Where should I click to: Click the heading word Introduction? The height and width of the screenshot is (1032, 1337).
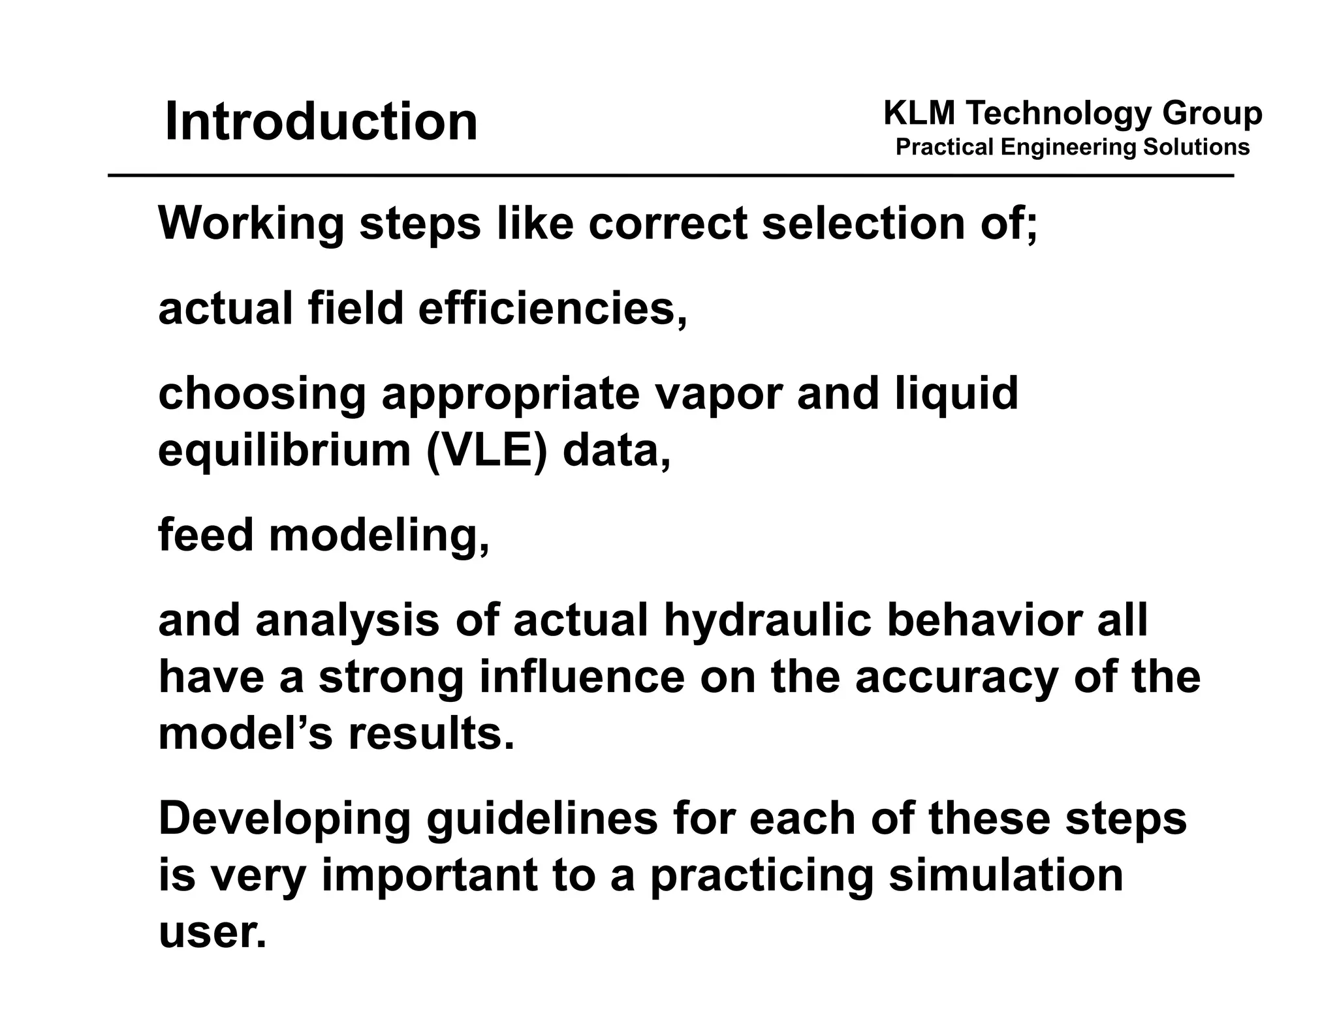coord(321,122)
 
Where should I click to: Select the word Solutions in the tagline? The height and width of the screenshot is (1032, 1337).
coord(1196,147)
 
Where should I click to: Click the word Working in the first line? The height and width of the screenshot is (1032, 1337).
coord(251,224)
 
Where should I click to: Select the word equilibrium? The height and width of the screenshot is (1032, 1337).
coord(283,450)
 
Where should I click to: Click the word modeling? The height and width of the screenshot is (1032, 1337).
coord(379,535)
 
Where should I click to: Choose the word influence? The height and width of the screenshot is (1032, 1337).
coord(582,677)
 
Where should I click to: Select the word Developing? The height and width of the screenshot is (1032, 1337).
coord(285,819)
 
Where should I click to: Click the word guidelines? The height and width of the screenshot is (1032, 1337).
coord(542,819)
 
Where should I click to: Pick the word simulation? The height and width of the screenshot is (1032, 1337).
coord(1005,875)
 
